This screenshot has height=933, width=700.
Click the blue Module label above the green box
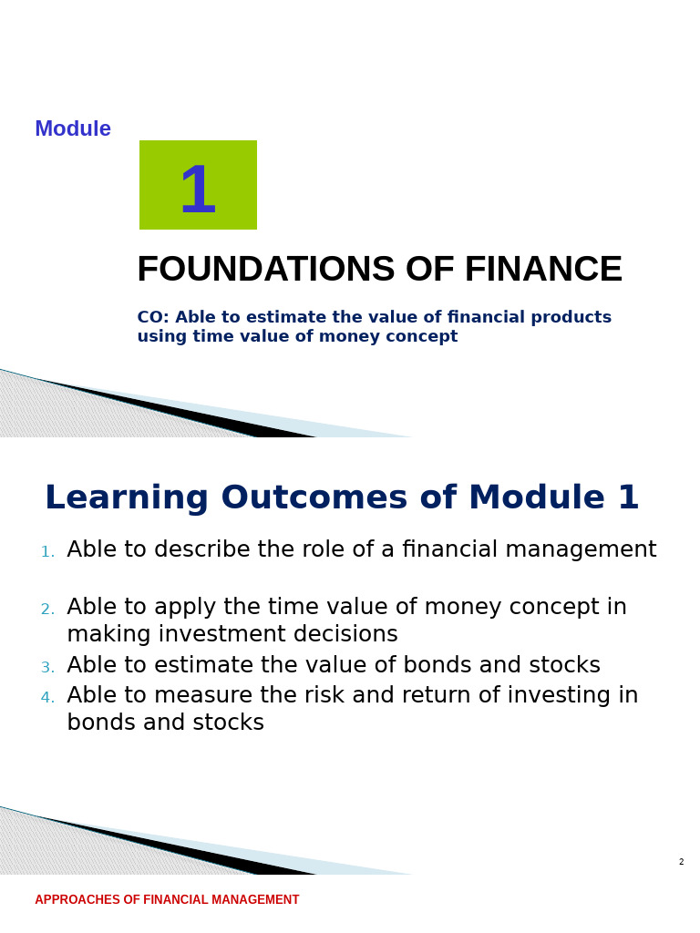tap(73, 129)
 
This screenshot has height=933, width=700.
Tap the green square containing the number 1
tap(198, 185)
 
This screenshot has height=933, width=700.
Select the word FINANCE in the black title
tap(543, 271)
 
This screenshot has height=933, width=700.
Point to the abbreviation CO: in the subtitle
tap(152, 318)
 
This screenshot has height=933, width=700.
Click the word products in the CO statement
tap(571, 318)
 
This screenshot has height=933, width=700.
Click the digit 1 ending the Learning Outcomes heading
tap(628, 498)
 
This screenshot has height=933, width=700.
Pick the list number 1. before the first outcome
tap(47, 552)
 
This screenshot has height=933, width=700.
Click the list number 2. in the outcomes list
tap(47, 610)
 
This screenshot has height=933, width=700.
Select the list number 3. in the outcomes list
tap(47, 668)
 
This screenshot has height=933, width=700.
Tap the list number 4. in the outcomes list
tap(47, 698)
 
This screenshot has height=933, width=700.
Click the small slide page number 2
tap(681, 862)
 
